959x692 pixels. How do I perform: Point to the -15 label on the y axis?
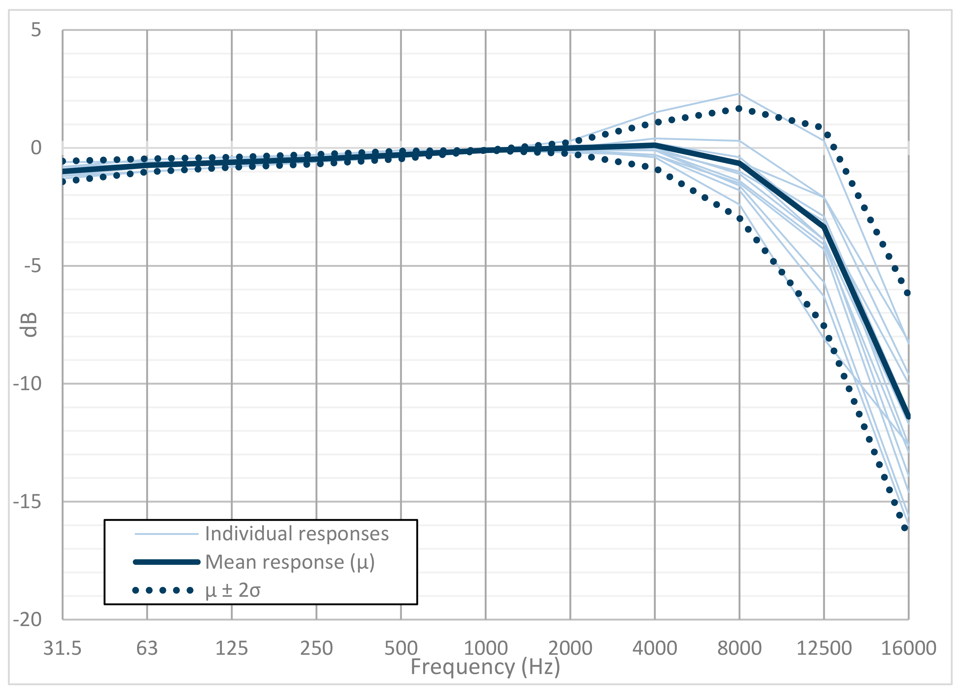coord(27,502)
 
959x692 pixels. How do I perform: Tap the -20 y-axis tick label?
coord(27,620)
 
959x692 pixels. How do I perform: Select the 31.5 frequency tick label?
coord(62,648)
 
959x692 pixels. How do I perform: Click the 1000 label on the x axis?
coord(485,648)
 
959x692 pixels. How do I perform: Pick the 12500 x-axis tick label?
coord(824,648)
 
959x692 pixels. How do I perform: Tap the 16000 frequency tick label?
coord(908,648)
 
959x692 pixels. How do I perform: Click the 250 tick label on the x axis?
coord(316,648)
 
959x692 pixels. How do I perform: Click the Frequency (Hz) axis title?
coord(485,667)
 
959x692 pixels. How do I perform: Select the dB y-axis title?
coord(29,325)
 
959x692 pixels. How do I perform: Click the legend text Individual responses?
coord(297,534)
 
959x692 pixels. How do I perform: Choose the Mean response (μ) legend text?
coord(289,562)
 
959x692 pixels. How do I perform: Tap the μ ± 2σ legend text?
coord(232,590)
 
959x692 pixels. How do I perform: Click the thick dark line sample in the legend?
coord(167,562)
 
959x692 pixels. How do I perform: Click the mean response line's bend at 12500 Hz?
coord(824,227)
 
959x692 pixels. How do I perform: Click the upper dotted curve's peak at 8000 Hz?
coord(739,109)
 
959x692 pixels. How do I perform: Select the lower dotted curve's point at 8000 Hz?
coord(740,219)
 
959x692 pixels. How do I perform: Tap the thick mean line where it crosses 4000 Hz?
coord(655,145)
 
